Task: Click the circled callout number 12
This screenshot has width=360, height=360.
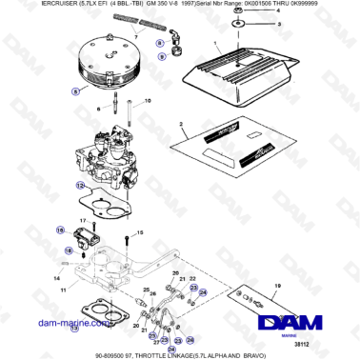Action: [81, 185]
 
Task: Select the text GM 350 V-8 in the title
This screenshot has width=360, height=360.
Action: [150, 7]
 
